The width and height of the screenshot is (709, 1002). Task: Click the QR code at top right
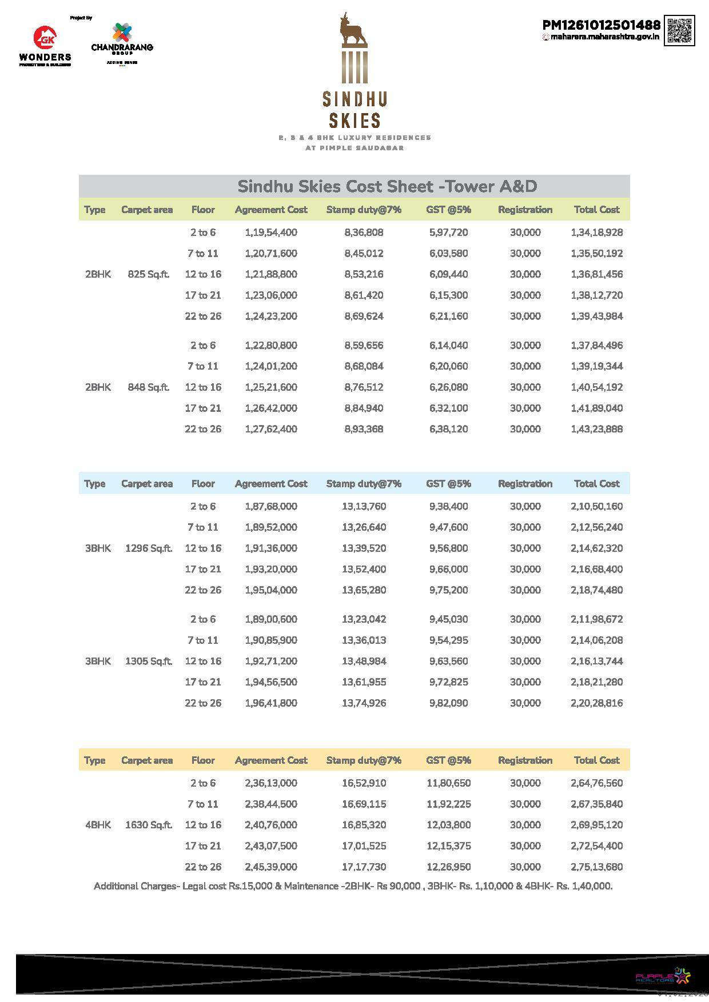(680, 31)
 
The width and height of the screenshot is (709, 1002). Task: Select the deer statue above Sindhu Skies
(354, 32)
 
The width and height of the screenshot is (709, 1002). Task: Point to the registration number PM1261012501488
(601, 25)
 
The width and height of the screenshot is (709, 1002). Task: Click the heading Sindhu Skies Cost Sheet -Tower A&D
(387, 186)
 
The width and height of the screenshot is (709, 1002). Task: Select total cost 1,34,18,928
(596, 233)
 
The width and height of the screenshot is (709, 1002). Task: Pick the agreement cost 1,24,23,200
(271, 316)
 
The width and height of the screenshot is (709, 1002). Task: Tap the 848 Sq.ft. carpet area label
(149, 387)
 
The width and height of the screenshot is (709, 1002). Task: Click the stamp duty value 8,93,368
(364, 429)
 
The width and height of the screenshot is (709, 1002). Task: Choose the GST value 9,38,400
(448, 507)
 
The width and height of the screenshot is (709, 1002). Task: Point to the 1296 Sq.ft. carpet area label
(149, 548)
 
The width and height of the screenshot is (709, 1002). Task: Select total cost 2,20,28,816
(596, 703)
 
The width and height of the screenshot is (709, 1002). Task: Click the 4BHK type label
(98, 825)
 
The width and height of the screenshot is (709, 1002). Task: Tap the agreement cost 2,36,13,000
(271, 783)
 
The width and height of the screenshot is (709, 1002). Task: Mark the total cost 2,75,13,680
(596, 867)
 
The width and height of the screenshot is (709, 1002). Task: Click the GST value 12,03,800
(448, 825)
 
